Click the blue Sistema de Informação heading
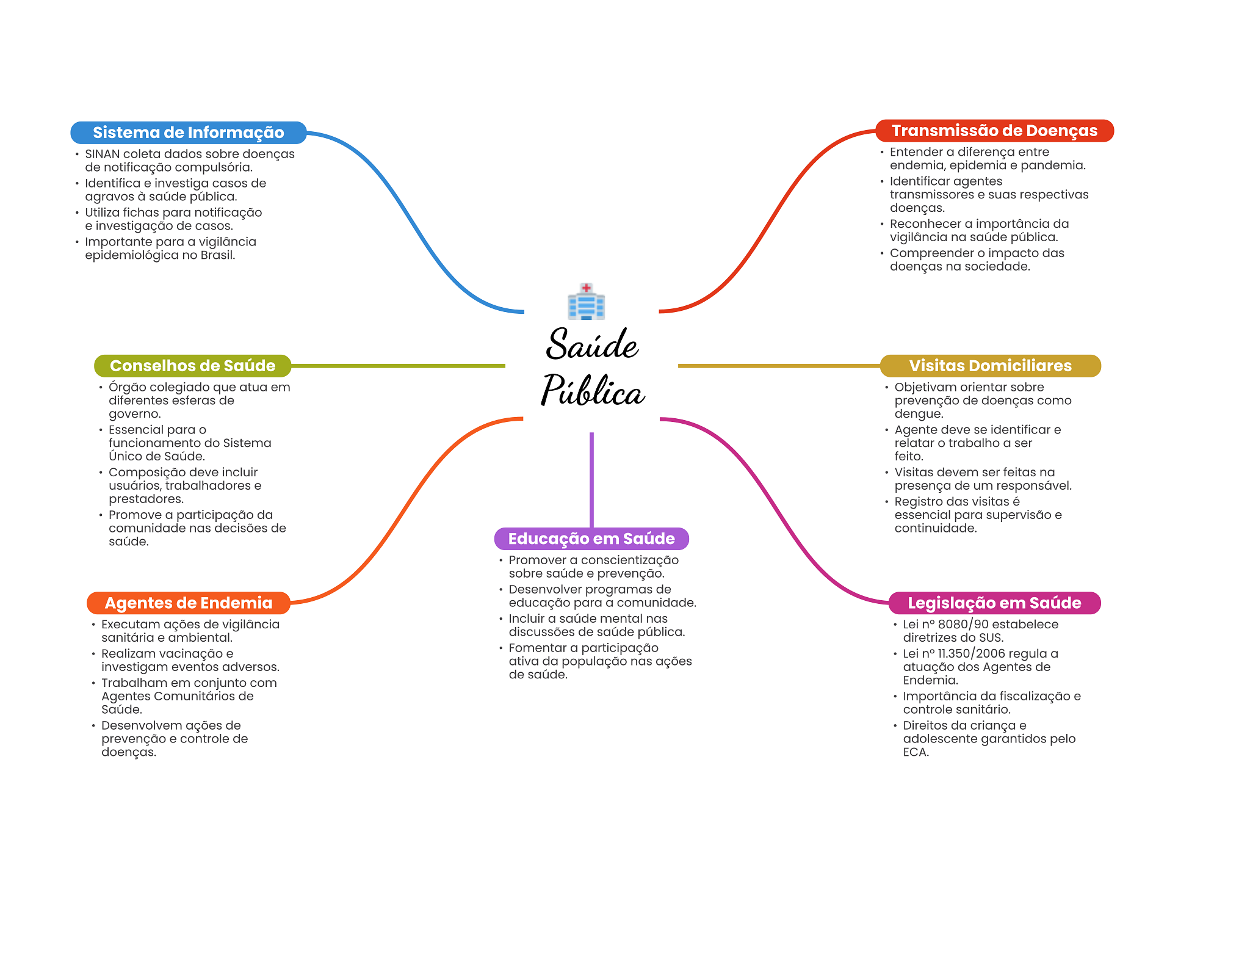188,132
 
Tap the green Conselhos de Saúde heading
192,366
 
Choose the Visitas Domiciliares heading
989,366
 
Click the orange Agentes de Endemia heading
188,603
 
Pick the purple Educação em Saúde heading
591,539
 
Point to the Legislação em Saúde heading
994,603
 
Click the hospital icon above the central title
586,302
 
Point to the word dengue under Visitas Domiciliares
918,414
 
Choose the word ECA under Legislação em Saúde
915,752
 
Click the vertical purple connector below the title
591,479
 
